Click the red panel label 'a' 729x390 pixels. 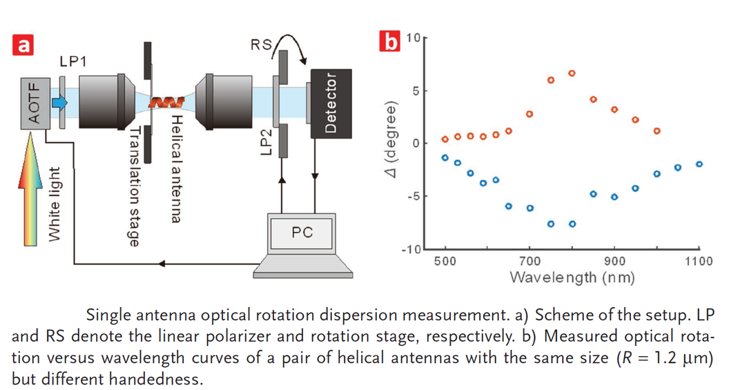pos(24,46)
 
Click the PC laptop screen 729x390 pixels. pos(302,233)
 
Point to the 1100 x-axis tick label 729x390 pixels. pos(699,262)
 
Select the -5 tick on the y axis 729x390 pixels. pos(411,196)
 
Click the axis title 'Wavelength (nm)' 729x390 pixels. pos(572,278)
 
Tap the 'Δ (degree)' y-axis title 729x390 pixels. pos(393,143)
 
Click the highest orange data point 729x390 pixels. pos(572,73)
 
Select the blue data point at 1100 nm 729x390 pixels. pos(699,164)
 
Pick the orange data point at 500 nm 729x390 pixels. pos(445,139)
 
